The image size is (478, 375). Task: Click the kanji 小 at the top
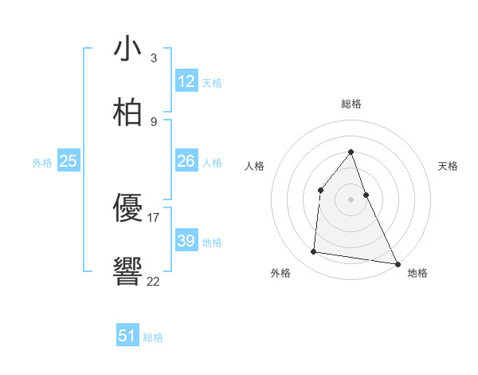click(127, 49)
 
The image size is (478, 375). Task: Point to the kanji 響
click(127, 272)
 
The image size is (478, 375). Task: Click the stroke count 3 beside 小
click(153, 57)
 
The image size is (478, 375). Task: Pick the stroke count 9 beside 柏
click(153, 121)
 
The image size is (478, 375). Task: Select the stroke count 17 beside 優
click(154, 217)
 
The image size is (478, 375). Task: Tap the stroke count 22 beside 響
click(154, 281)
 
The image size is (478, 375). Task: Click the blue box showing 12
click(186, 81)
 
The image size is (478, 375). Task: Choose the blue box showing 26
click(186, 161)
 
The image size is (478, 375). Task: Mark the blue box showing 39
click(186, 241)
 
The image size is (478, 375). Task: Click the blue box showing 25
click(69, 161)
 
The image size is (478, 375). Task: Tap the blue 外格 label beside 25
click(42, 163)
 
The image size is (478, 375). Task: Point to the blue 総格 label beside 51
click(153, 337)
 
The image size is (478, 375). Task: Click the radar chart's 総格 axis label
click(351, 104)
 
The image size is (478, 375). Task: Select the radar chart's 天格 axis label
click(449, 166)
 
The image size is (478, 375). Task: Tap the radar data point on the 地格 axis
click(397, 263)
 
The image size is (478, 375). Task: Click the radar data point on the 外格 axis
click(314, 252)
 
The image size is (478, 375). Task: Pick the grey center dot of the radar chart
click(351, 199)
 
